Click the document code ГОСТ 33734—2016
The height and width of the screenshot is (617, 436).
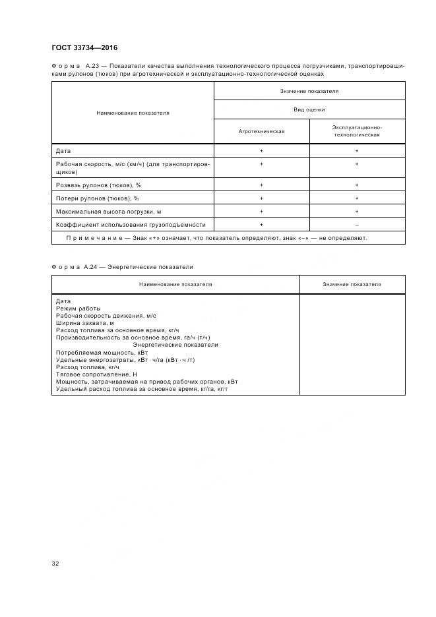[84, 47]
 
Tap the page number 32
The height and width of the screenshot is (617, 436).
[55, 563]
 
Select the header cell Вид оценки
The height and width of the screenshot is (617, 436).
[309, 109]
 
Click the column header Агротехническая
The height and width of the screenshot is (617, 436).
[261, 131]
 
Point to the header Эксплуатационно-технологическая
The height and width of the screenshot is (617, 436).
[357, 131]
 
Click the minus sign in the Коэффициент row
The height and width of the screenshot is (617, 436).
[357, 225]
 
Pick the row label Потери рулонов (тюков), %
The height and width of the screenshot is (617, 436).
[97, 198]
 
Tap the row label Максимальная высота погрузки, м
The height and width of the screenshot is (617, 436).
[108, 212]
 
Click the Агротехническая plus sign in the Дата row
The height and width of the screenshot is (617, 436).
[261, 151]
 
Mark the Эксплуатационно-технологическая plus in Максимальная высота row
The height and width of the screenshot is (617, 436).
[357, 212]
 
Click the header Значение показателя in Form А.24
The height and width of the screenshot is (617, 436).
[352, 284]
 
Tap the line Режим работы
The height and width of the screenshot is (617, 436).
[78, 308]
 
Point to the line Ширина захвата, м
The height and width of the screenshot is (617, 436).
[85, 323]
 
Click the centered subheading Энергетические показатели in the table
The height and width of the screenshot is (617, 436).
[175, 345]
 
